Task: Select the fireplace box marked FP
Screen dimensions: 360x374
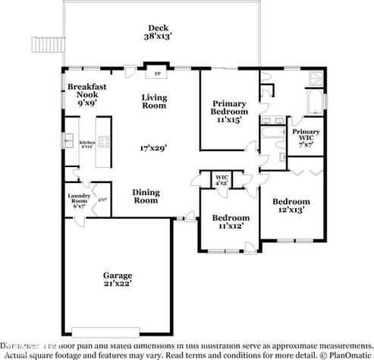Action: pyautogui.click(x=158, y=74)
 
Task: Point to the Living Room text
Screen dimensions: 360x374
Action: pyautogui.click(x=153, y=101)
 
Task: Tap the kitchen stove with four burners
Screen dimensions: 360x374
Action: pyautogui.click(x=102, y=141)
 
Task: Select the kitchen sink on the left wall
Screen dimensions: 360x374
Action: pyautogui.click(x=68, y=142)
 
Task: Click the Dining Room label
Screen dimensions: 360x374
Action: pyautogui.click(x=146, y=196)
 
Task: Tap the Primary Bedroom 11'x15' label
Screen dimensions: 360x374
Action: pyautogui.click(x=228, y=111)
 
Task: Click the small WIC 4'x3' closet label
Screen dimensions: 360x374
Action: pyautogui.click(x=222, y=180)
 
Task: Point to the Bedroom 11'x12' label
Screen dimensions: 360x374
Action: pyautogui.click(x=228, y=221)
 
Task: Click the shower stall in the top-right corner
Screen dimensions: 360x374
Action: pyautogui.click(x=312, y=79)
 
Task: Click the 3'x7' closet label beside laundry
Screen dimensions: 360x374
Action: pyautogui.click(x=102, y=200)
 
